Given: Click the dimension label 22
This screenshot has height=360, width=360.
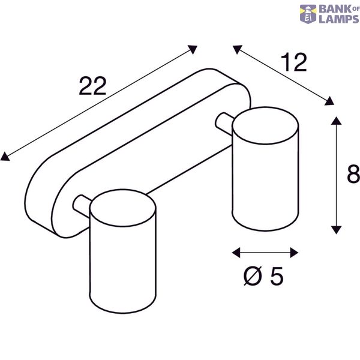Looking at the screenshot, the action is [92, 86].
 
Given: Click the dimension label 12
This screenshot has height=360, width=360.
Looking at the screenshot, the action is [294, 62].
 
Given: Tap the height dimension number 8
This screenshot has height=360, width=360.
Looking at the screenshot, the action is [353, 174].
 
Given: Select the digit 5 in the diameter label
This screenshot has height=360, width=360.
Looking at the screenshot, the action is [277, 276].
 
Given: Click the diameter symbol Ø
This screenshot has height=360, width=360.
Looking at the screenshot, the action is [253, 276].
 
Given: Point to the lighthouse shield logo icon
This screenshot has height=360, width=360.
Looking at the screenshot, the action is [308, 14].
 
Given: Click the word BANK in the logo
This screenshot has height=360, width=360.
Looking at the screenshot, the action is [335, 9].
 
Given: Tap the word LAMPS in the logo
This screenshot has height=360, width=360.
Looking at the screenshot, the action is [339, 19].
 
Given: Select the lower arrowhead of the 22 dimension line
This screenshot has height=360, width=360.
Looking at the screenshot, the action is [5, 157].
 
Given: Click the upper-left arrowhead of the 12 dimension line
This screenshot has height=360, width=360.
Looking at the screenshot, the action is [238, 49].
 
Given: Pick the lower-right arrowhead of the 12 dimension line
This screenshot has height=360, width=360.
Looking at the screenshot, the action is [329, 101].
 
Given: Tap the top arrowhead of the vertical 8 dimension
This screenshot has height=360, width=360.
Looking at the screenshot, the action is [336, 121].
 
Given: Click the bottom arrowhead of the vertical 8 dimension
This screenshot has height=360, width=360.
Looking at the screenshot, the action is [336, 230].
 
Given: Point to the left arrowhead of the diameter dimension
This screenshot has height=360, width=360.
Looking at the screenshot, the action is [236, 253].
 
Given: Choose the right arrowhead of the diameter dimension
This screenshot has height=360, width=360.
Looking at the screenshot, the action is [294, 253].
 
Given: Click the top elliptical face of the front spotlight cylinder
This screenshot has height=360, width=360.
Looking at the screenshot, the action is [122, 208].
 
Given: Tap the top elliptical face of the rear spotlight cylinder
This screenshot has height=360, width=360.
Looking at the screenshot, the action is [265, 125].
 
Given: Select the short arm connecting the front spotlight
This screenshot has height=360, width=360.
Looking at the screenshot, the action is [82, 206].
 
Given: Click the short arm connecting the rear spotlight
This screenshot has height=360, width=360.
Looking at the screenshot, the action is [224, 124].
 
